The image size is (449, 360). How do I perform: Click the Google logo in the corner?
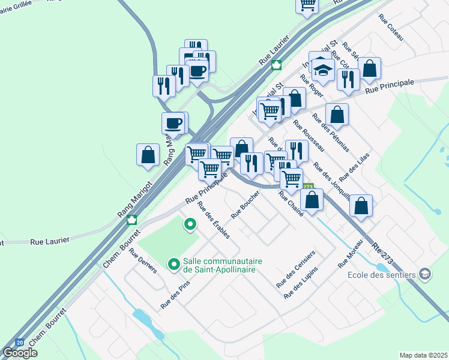pyautogui.click(x=20, y=353)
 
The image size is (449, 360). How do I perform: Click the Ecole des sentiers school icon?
pyautogui.click(x=426, y=274)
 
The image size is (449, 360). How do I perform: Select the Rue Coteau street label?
pyautogui.click(x=391, y=26)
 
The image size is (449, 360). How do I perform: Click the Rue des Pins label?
pyautogui.click(x=171, y=296)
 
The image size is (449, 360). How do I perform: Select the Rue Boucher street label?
pyautogui.click(x=246, y=204)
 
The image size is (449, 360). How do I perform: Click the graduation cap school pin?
pyautogui.click(x=323, y=71)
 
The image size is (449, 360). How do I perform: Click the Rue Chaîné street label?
pyautogui.click(x=291, y=206)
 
